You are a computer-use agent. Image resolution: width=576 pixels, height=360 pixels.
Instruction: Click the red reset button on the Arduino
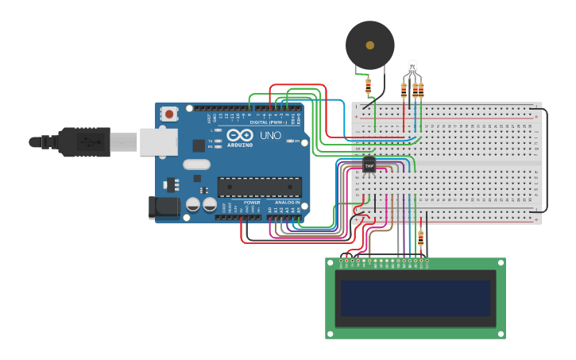pos(169,114)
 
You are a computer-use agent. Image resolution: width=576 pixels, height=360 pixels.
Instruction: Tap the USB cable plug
pos(79,141)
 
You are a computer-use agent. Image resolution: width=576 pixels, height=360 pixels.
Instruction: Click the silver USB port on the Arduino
pos(158,141)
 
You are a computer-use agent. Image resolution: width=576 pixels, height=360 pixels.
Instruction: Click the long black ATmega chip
pos(260,187)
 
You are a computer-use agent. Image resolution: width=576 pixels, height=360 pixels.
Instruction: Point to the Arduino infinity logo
pos(239,137)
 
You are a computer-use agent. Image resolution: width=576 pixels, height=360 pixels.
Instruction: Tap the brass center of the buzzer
pos(370,45)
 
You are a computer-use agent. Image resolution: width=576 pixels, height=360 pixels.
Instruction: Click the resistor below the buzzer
pos(368,85)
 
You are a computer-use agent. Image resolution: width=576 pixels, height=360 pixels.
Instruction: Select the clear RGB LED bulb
pos(412,66)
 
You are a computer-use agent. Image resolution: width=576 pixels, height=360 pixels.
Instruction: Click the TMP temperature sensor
pos(369,165)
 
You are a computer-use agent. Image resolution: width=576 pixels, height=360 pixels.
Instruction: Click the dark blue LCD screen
pos(416,298)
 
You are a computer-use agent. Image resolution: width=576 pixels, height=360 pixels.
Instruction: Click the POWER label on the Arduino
pos(251,203)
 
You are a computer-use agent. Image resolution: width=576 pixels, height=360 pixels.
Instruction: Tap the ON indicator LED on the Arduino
pos(294,141)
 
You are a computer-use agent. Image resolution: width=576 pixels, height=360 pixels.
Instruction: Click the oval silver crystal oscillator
pos(196,165)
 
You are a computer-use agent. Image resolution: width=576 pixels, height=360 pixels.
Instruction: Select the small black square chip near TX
pos(198,145)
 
